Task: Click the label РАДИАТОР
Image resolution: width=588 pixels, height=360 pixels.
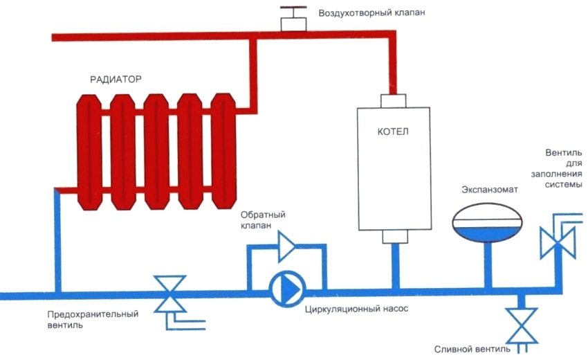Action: click(x=116, y=80)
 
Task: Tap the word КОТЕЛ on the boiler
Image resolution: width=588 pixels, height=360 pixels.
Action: click(x=393, y=131)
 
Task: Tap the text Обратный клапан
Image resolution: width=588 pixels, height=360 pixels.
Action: click(x=259, y=219)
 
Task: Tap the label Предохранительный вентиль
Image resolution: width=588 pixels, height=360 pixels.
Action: click(x=89, y=319)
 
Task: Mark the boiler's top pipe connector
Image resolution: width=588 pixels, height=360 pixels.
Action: click(x=393, y=101)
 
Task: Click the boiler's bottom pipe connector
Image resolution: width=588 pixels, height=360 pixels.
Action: click(x=393, y=237)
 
